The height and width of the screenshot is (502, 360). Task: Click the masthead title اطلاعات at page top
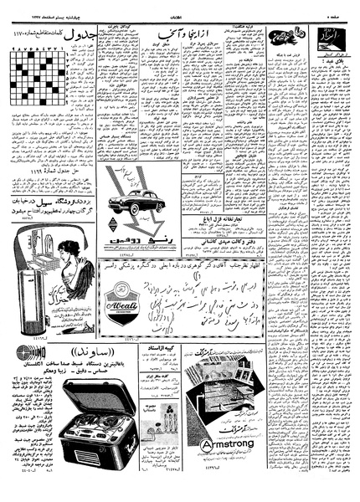[179, 8]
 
